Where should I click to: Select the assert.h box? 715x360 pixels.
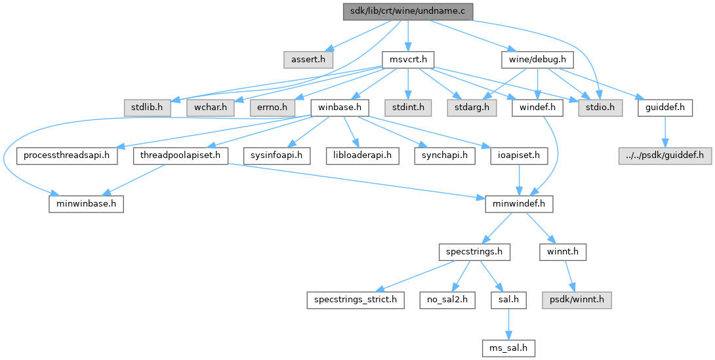(x=308, y=60)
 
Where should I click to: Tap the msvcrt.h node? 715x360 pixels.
(x=407, y=60)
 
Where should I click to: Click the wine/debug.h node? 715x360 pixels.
(x=537, y=60)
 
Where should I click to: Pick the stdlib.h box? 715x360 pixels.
(x=146, y=106)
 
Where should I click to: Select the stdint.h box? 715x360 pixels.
(x=409, y=106)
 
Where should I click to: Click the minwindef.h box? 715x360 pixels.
(x=519, y=204)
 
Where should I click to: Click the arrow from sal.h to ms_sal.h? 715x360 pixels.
(x=506, y=322)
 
